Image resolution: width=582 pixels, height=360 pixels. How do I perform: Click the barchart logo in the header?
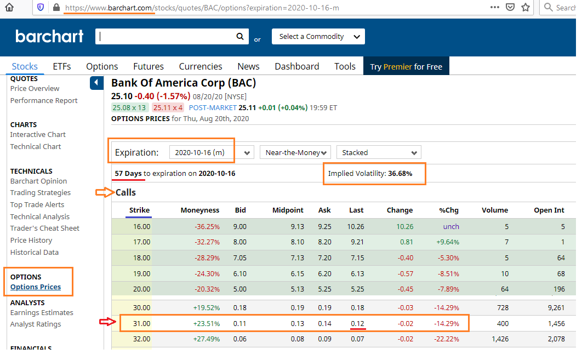[x=49, y=37]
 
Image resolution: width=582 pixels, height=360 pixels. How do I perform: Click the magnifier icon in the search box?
[x=239, y=37]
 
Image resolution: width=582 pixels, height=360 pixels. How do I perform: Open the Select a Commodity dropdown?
[x=318, y=37]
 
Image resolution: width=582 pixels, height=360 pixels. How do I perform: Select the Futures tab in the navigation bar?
[x=149, y=66]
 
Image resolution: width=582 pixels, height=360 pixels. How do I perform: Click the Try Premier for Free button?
[x=406, y=66]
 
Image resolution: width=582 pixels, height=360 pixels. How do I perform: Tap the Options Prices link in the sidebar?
[x=36, y=287]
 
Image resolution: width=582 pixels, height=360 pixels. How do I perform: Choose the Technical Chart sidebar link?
[x=36, y=147]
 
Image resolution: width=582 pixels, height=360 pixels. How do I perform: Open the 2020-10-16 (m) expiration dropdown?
[x=212, y=152]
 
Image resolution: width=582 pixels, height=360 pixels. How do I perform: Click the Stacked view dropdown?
[x=379, y=152]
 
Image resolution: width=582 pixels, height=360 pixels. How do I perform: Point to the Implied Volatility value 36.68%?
[x=400, y=174]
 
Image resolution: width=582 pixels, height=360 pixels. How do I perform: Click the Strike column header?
[x=139, y=210]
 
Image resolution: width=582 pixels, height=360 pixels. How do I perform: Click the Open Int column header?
[x=549, y=210]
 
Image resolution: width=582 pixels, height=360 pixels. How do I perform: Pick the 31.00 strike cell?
[x=141, y=324]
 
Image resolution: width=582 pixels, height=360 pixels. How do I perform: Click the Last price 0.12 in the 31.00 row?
[x=357, y=324]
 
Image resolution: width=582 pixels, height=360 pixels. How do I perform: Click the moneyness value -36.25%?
[x=207, y=227]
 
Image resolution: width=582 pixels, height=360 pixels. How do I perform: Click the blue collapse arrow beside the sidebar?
[x=96, y=83]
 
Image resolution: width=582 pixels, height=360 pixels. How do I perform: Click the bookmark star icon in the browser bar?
[x=526, y=8]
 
